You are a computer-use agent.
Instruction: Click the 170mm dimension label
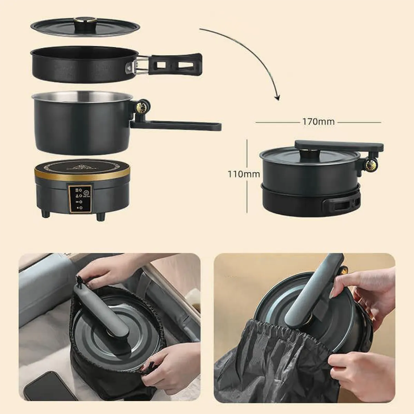[318, 122]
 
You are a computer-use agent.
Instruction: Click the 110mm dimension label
[244, 174]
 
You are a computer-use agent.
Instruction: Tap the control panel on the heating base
[80, 199]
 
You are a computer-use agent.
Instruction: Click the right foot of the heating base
[100, 216]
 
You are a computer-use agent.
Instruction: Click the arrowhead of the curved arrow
[277, 97]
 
